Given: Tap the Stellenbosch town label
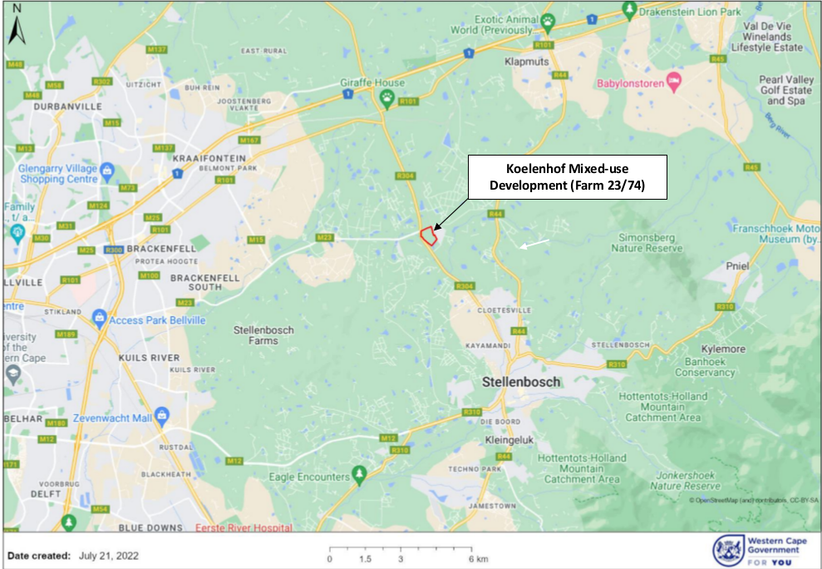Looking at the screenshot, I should tap(522, 382).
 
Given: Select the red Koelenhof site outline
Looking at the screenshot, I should tap(429, 235).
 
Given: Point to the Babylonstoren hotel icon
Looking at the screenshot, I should tap(673, 84).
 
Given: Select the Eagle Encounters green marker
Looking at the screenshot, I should tap(359, 475).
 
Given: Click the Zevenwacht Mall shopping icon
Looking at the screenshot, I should tap(162, 414).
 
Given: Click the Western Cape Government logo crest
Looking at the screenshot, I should tap(727, 549).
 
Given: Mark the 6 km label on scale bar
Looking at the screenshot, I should tap(476, 558).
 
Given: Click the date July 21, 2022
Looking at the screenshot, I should tap(109, 556).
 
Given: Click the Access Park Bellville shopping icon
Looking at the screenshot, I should tap(99, 317).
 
